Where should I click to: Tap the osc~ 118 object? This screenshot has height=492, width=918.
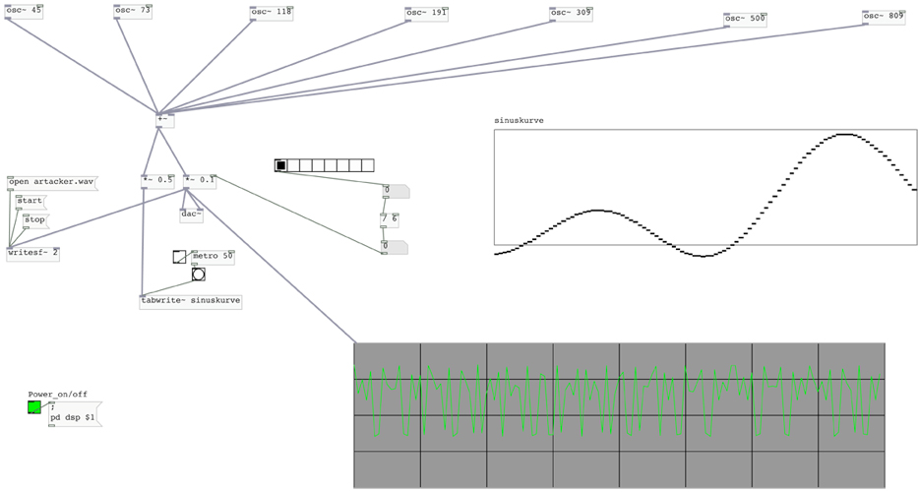(x=273, y=12)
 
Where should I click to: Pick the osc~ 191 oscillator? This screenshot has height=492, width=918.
(x=427, y=14)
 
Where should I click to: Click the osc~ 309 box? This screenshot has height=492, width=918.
(x=572, y=14)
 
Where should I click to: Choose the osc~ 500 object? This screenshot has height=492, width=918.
(x=745, y=18)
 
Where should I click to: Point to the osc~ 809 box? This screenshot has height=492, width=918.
(x=884, y=16)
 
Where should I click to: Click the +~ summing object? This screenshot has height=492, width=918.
(x=164, y=120)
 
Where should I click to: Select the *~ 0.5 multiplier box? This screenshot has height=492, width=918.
(x=157, y=180)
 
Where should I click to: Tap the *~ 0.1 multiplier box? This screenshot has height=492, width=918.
(x=199, y=180)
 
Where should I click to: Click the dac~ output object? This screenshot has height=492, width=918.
(x=192, y=214)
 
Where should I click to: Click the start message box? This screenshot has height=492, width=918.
(x=30, y=201)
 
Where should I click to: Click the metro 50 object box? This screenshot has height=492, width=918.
(x=213, y=257)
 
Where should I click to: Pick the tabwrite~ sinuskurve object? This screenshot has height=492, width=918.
(x=191, y=301)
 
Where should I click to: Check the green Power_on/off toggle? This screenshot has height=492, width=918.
(x=35, y=406)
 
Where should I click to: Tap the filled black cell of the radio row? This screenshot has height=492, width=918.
(x=280, y=165)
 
